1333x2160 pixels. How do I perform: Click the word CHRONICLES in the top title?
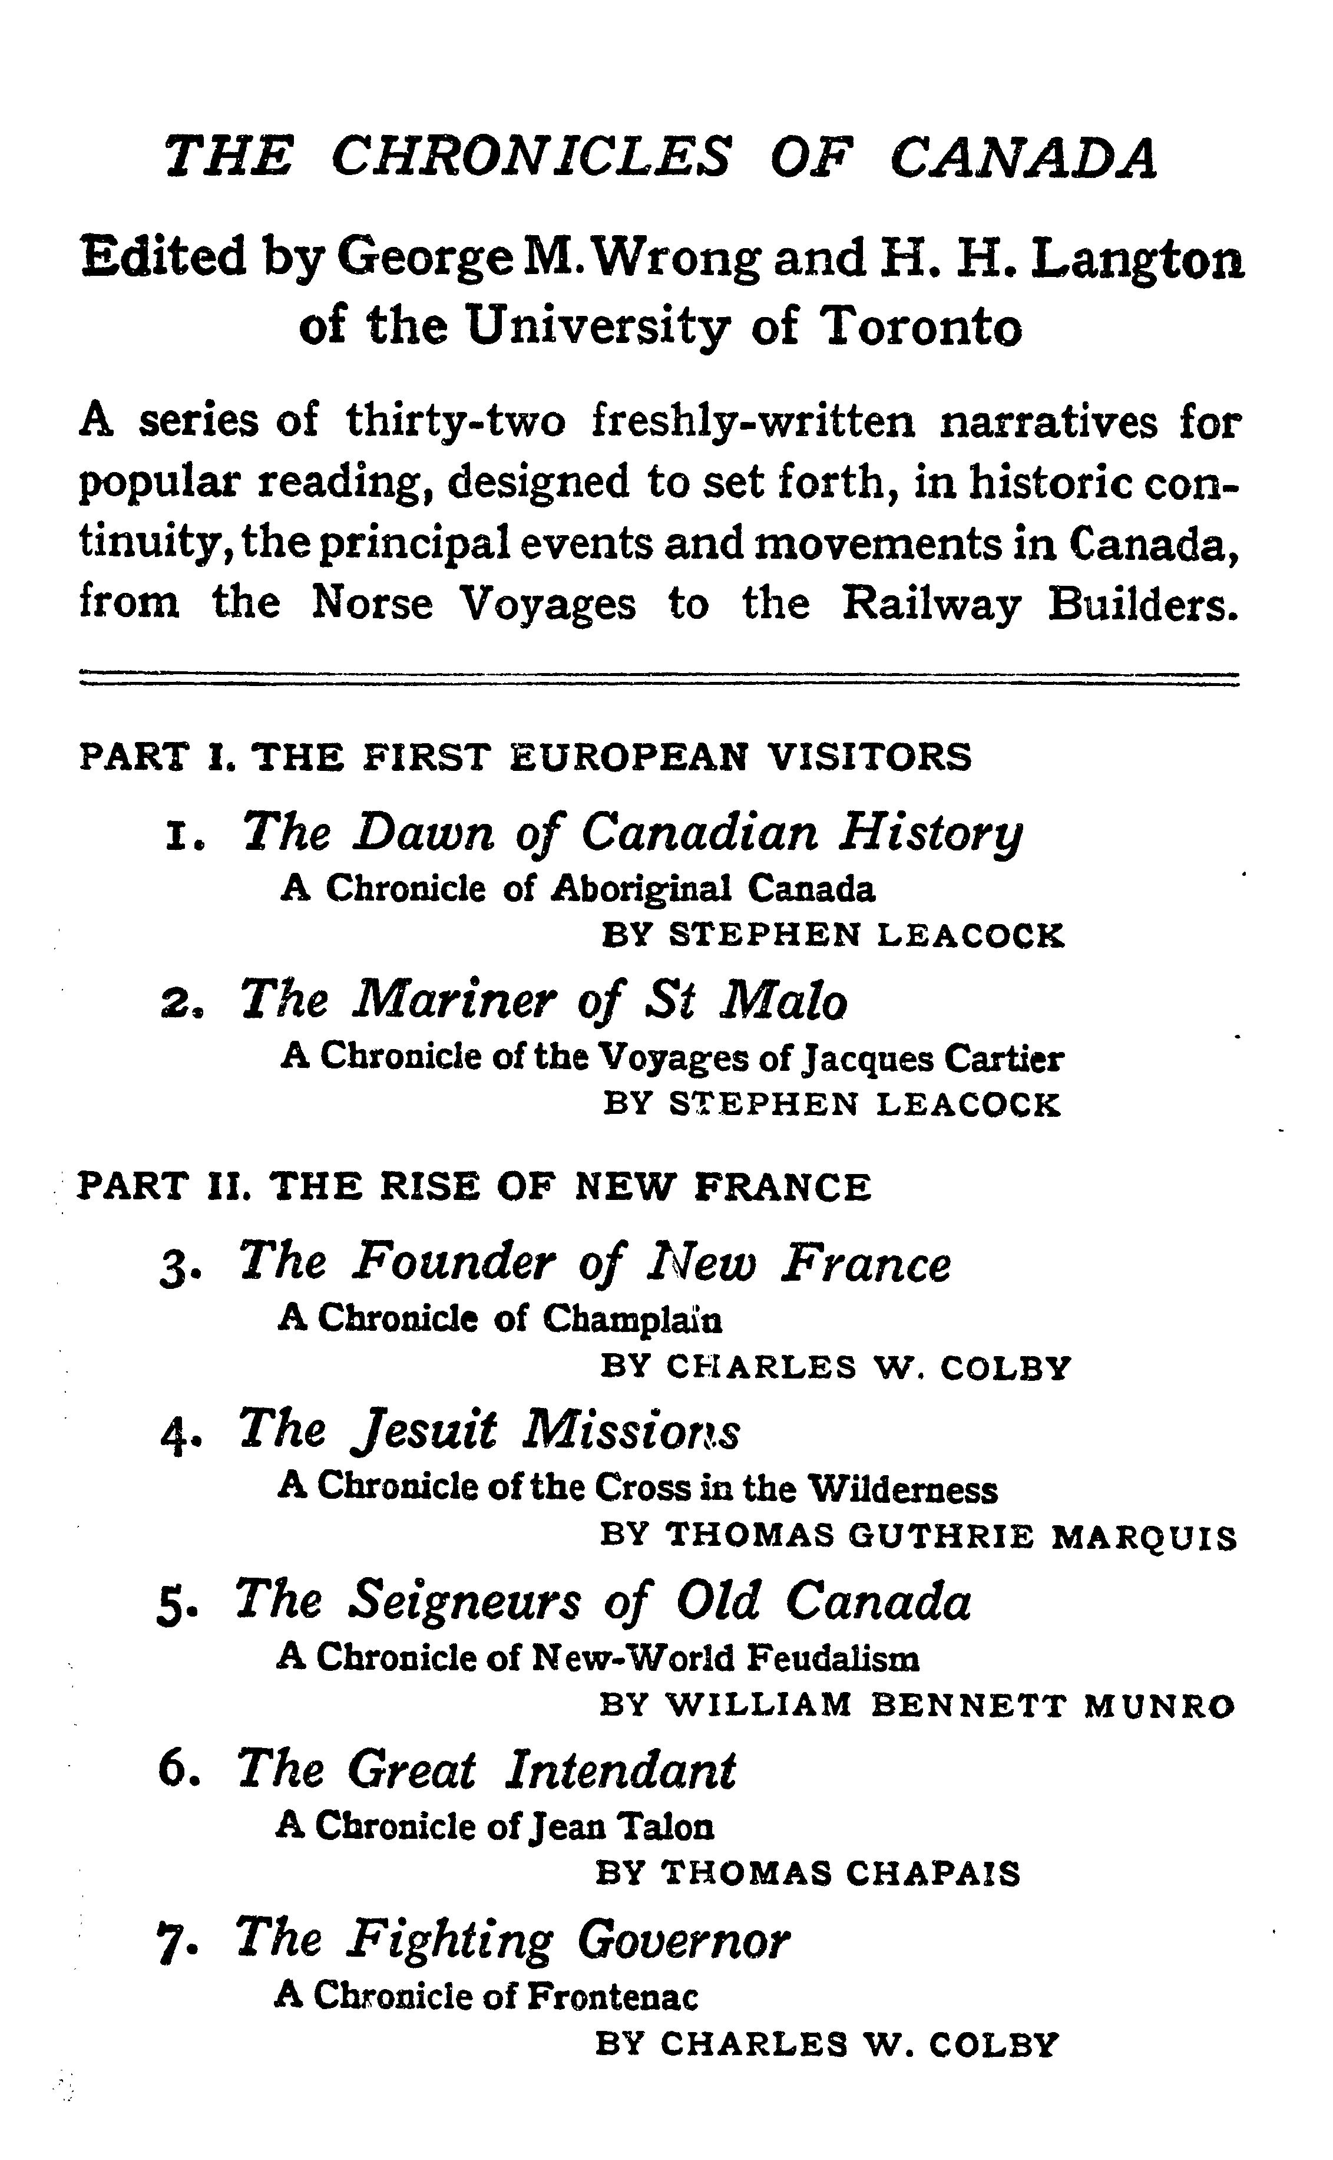(x=531, y=157)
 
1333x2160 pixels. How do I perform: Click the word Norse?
(x=373, y=604)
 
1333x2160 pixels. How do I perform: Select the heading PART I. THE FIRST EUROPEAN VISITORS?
(x=525, y=757)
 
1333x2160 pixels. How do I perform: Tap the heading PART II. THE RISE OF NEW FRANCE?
(x=474, y=1186)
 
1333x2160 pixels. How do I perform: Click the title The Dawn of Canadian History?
(x=632, y=832)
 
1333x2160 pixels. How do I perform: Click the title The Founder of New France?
(x=595, y=1262)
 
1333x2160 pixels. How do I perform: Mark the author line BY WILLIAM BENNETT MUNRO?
(x=917, y=1707)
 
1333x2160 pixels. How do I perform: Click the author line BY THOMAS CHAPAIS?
(x=808, y=1874)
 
